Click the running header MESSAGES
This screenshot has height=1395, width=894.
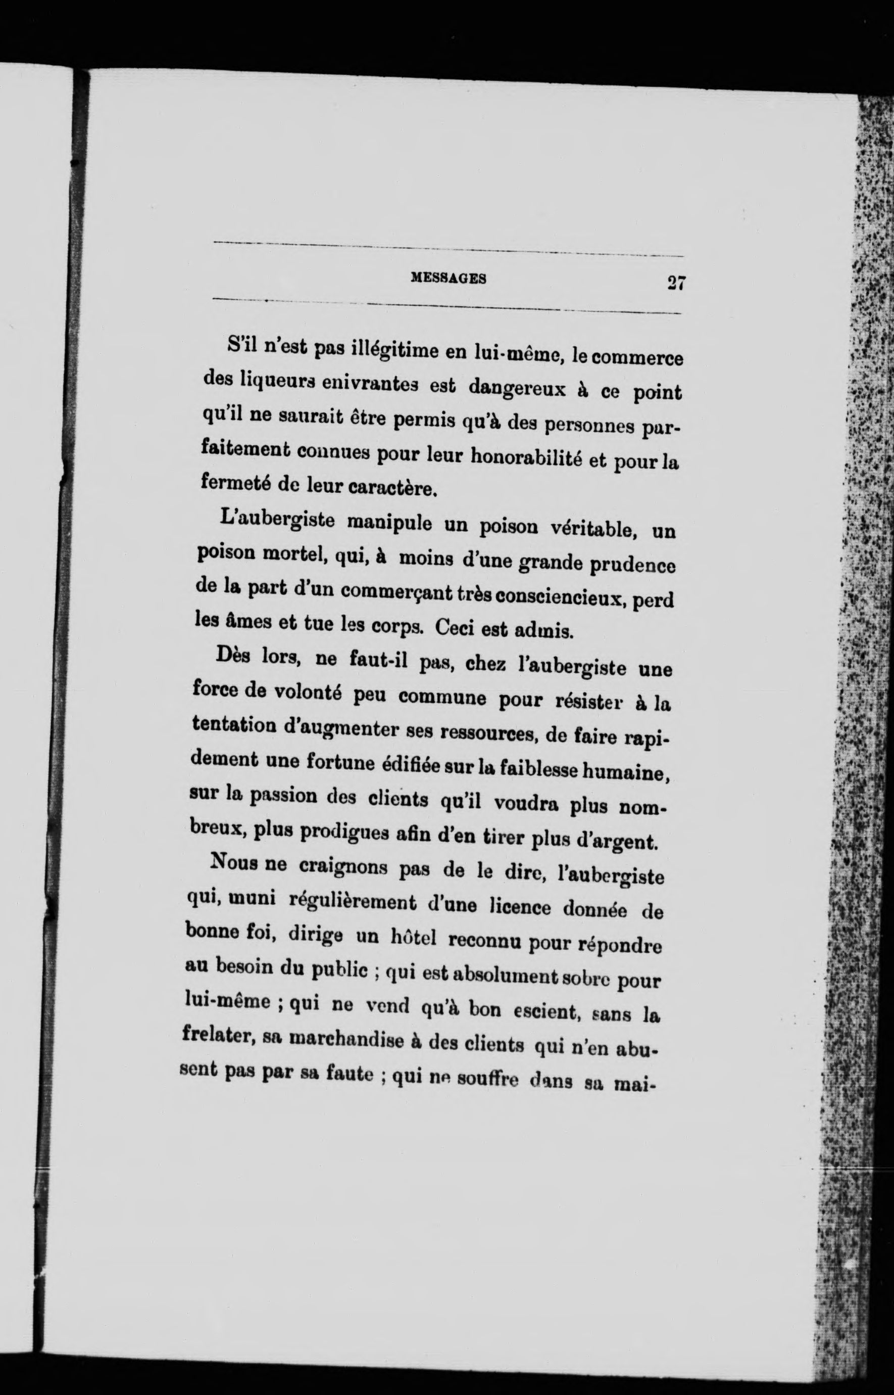(x=448, y=278)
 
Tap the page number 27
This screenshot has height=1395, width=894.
(x=677, y=283)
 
